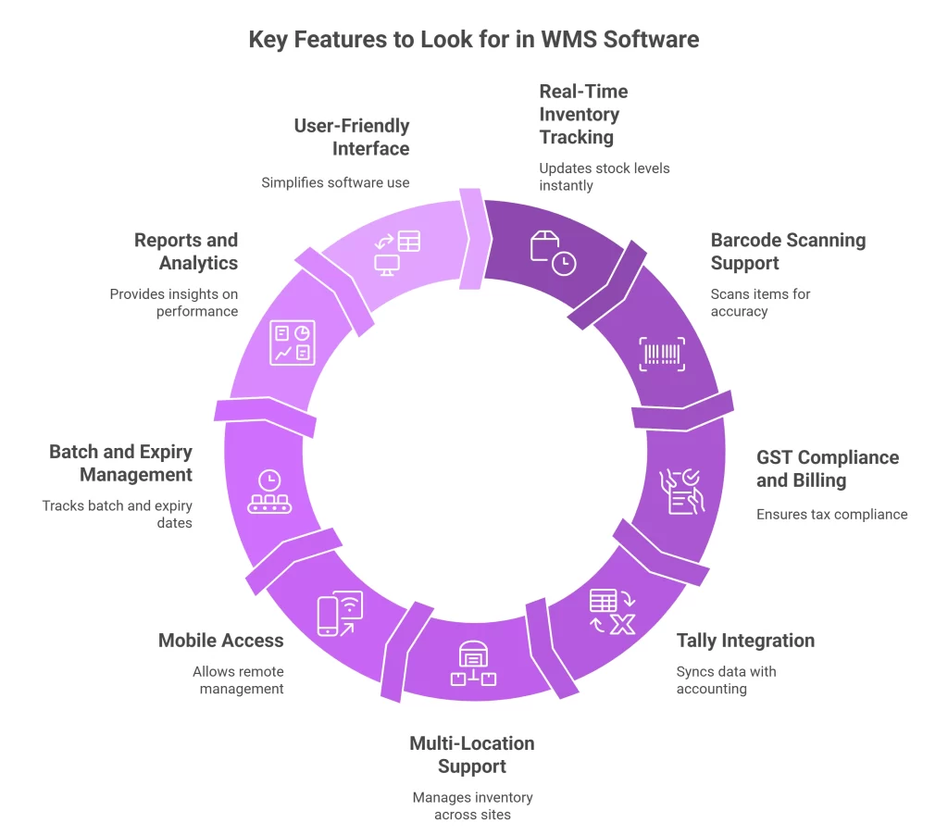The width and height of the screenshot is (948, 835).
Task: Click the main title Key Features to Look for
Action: pyautogui.click(x=474, y=40)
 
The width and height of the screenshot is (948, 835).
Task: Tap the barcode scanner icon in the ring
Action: pyautogui.click(x=663, y=354)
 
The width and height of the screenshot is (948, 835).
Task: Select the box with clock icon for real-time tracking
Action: pyautogui.click(x=553, y=253)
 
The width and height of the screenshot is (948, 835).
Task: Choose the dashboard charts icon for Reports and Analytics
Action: pyautogui.click(x=293, y=343)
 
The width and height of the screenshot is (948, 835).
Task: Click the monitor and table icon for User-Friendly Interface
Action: pyautogui.click(x=396, y=253)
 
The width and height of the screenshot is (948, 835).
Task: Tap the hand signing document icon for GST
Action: pyautogui.click(x=680, y=492)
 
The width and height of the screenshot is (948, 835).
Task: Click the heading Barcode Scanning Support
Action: pyautogui.click(x=788, y=252)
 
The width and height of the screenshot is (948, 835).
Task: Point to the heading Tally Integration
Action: pyautogui.click(x=745, y=641)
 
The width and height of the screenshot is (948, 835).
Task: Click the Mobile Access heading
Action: pyautogui.click(x=220, y=641)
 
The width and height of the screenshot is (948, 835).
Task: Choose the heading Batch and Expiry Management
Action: pyautogui.click(x=120, y=463)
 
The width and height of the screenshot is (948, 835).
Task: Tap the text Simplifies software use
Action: pyautogui.click(x=335, y=182)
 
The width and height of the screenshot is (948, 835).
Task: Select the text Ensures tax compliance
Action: pyautogui.click(x=831, y=514)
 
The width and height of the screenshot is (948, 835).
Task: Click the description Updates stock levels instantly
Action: pyautogui.click(x=605, y=177)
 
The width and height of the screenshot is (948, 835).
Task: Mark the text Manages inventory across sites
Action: pyautogui.click(x=472, y=805)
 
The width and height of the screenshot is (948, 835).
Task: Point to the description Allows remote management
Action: pyautogui.click(x=238, y=679)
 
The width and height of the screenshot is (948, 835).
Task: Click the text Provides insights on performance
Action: pyautogui.click(x=174, y=303)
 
